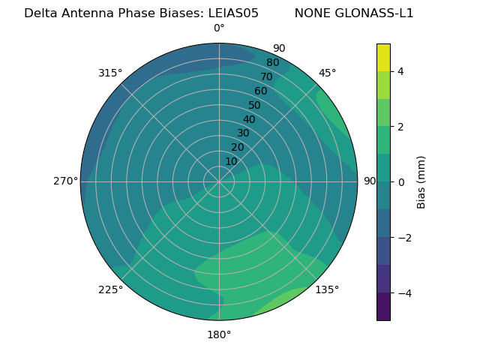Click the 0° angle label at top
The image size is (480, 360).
[x=219, y=28]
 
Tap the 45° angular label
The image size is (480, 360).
[x=327, y=73]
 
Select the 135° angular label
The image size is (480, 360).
[x=327, y=289]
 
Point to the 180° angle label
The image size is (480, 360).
[x=219, y=334]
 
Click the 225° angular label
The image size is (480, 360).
[x=110, y=289]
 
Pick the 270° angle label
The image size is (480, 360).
[x=65, y=181]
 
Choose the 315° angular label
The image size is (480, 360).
[x=110, y=73]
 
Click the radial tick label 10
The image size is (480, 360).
[x=231, y=161]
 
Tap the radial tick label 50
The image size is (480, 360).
[x=255, y=106]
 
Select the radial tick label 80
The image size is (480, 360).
[x=273, y=63]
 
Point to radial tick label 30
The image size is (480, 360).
[x=243, y=133]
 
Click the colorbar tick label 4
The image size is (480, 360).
[x=401, y=71]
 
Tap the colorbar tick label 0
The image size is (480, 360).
[x=401, y=182]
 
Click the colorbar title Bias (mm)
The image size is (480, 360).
[x=421, y=181]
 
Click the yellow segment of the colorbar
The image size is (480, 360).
[x=383, y=57]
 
